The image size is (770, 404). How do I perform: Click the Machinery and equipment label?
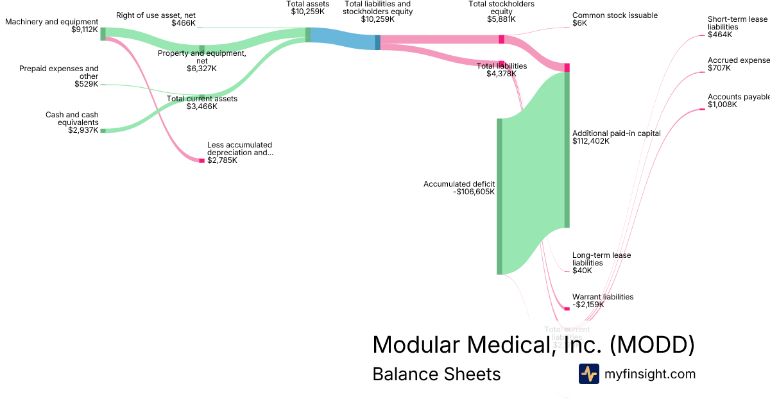pos(51,22)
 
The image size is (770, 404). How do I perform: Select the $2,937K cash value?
pos(83,130)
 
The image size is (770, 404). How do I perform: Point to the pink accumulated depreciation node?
pos(201,160)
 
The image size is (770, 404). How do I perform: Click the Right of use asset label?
pos(156,15)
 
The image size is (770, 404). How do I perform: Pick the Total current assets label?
pos(202,99)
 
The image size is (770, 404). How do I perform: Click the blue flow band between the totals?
pos(343,38)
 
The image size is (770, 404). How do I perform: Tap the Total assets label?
pos(308,4)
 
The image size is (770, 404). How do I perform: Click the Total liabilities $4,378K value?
pos(501,74)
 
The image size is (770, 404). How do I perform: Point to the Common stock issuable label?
pos(615,15)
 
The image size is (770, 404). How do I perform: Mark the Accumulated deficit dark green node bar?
pos(499,196)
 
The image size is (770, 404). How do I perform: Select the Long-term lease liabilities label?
pos(601,259)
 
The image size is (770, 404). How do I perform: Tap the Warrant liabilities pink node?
pos(567,309)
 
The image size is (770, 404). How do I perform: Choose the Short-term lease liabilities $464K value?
pos(719,35)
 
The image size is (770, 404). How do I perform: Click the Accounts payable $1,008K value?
pos(723,105)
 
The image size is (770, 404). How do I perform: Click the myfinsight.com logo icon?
pos(588,374)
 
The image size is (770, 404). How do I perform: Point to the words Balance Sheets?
pos(436,374)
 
